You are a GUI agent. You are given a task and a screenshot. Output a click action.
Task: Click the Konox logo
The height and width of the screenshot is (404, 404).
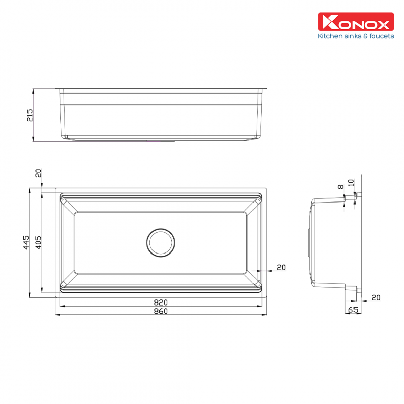(356, 22)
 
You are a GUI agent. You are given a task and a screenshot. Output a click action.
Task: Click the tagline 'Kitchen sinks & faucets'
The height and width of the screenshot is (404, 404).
(356, 36)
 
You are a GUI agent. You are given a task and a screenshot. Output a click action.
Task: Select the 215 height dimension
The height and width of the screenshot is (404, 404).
(30, 115)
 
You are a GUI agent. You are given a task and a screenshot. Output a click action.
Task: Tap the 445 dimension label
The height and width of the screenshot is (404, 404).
(26, 242)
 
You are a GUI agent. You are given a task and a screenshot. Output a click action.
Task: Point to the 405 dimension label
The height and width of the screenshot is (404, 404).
(38, 242)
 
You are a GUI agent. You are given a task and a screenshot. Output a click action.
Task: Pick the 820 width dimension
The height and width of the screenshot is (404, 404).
(161, 302)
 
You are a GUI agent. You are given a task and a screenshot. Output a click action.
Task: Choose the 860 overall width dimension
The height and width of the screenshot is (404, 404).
(161, 311)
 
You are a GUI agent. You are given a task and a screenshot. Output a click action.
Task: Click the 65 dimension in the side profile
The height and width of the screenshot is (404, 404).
(353, 310)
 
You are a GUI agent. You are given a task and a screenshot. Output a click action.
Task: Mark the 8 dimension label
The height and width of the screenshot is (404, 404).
(340, 186)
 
